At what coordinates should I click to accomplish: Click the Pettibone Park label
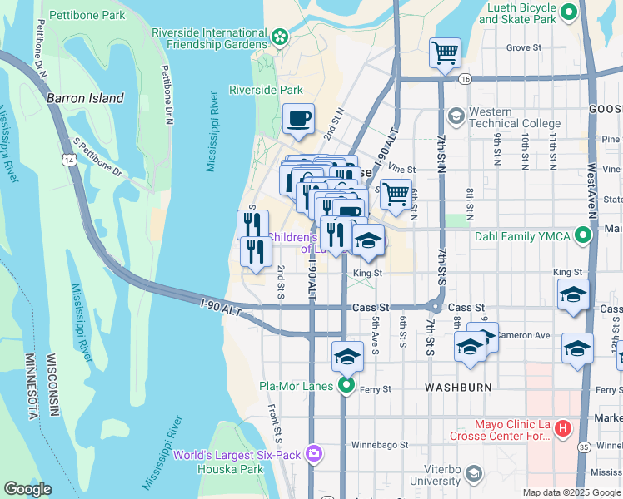pos(87,15)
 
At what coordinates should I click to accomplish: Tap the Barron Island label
pos(85,98)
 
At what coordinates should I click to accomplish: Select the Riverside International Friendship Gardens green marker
pos(280,37)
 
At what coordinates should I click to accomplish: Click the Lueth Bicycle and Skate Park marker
pos(569,12)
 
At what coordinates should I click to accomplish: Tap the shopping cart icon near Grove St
pos(445,52)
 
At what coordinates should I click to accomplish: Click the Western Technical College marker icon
pos(456,115)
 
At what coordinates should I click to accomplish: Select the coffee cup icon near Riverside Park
pos(297,118)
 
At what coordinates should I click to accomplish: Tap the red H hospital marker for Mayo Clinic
pos(562,428)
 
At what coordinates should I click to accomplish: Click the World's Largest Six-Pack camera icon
pos(314,454)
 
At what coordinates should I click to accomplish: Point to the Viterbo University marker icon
pos(473,473)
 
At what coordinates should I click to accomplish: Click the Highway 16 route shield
pos(464,79)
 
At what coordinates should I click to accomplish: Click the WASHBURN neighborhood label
pos(458,388)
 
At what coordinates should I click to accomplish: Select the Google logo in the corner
pos(27,489)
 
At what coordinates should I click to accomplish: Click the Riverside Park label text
pos(266,90)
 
